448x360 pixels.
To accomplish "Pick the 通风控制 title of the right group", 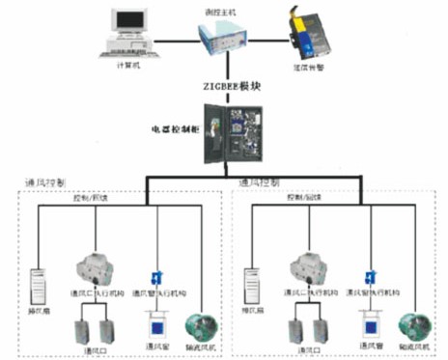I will click(260, 181).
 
